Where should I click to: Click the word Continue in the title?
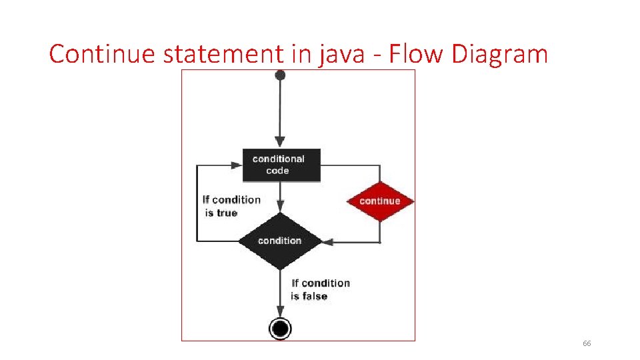103,53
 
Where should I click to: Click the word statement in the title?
223,53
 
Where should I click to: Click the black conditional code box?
280,165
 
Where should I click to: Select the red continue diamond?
380,201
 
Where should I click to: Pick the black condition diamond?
280,241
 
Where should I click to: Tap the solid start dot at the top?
280,75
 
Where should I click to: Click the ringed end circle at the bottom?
280,328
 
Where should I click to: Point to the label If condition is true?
231,206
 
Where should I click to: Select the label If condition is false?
320,289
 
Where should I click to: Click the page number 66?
587,343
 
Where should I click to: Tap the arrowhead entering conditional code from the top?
280,142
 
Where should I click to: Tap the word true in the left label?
227,213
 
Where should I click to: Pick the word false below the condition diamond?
315,296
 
